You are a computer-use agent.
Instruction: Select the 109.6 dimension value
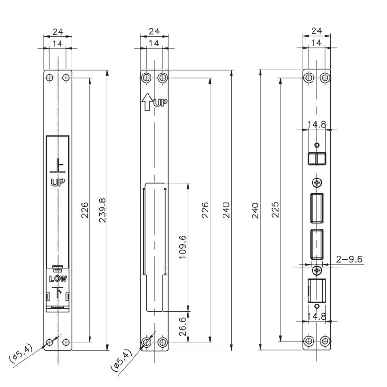pyautogui.click(x=182, y=247)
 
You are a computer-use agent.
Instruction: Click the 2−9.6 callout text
pyautogui.click(x=349, y=259)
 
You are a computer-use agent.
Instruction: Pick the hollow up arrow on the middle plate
pyautogui.click(x=146, y=103)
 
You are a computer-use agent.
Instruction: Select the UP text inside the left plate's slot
pyautogui.click(x=58, y=182)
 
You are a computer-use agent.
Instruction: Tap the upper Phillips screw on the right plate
pyautogui.click(x=317, y=182)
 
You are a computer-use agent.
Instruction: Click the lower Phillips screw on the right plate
pyautogui.click(x=317, y=270)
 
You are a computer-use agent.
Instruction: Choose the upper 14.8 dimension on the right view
pyautogui.click(x=317, y=124)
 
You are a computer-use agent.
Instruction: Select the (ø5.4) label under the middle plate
pyautogui.click(x=121, y=361)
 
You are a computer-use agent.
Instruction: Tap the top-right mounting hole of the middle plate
pyautogui.click(x=163, y=77)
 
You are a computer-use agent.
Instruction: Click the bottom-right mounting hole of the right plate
pyautogui.click(x=325, y=342)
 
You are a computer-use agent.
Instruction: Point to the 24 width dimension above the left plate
pyautogui.click(x=58, y=31)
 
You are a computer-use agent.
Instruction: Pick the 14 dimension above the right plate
pyautogui.click(x=317, y=43)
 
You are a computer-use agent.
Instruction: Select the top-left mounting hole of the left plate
pyautogui.click(x=49, y=77)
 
